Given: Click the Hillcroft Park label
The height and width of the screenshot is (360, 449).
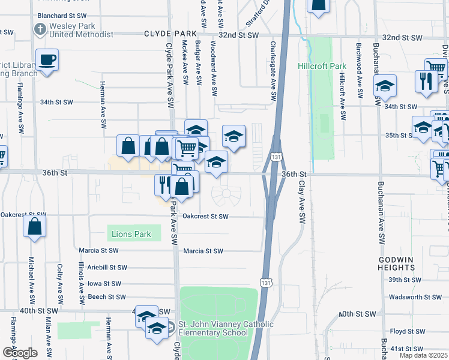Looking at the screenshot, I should pyautogui.click(x=322, y=65).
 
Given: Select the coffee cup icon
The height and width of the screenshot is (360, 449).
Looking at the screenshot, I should pyautogui.click(x=47, y=60).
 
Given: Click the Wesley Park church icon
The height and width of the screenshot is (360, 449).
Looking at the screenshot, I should pyautogui.click(x=40, y=29).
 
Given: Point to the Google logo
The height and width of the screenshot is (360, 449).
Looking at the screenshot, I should pyautogui.click(x=20, y=353).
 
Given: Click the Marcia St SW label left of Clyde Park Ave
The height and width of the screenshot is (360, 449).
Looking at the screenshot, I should pyautogui.click(x=98, y=250).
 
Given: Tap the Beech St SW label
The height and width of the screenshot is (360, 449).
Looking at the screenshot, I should pyautogui.click(x=106, y=296).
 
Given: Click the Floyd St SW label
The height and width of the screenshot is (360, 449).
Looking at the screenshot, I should pyautogui.click(x=408, y=331).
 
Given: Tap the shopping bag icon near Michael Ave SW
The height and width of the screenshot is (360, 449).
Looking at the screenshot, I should pyautogui.click(x=35, y=227).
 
